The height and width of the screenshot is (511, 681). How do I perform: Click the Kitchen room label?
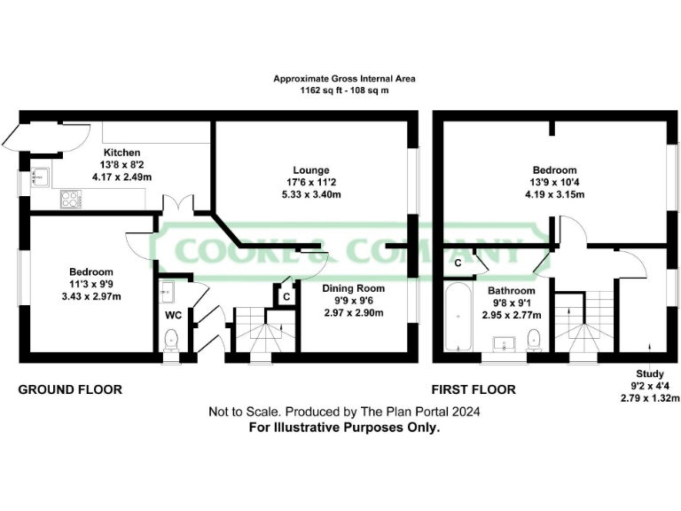122,153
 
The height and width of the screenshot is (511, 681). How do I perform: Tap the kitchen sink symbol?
40,177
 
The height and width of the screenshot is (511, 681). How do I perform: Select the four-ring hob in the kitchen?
70,200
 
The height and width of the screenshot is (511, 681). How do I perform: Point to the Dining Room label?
328,288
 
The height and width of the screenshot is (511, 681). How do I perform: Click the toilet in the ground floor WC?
172,338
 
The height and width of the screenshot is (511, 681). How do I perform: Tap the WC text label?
173,315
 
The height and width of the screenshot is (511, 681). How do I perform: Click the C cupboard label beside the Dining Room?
286,297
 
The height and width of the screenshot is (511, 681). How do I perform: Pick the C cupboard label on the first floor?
458,263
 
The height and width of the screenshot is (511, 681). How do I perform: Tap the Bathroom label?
510,290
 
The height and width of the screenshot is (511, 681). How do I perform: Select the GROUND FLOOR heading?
70,389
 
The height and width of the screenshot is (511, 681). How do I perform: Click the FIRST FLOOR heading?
473,389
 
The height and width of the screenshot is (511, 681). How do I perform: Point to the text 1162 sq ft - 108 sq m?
344,90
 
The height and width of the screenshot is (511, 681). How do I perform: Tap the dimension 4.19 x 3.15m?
554,194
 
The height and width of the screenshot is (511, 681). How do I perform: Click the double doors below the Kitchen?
184,203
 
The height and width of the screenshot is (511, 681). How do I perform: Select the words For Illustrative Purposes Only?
344,427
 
